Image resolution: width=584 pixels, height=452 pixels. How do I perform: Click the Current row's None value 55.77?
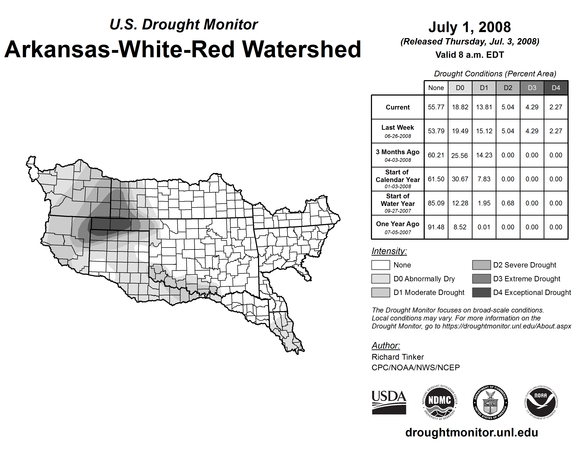[x=436, y=107]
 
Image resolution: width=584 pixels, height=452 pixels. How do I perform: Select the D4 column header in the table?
[x=556, y=88]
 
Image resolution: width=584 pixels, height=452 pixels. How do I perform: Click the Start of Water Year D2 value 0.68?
[x=508, y=203]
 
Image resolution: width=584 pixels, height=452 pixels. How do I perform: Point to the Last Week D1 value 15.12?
[x=484, y=131]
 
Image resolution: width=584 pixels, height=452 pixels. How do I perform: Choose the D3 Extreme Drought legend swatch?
[x=481, y=279]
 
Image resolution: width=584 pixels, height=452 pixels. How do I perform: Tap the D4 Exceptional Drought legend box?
[x=481, y=292]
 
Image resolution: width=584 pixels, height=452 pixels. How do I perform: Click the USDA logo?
[x=389, y=402]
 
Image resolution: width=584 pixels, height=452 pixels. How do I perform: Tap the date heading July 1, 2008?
[x=470, y=27]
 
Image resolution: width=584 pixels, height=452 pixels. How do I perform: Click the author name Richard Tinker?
[x=398, y=357]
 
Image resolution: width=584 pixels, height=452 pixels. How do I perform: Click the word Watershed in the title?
[x=302, y=49]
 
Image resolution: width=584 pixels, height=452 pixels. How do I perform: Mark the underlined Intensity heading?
[x=389, y=251]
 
